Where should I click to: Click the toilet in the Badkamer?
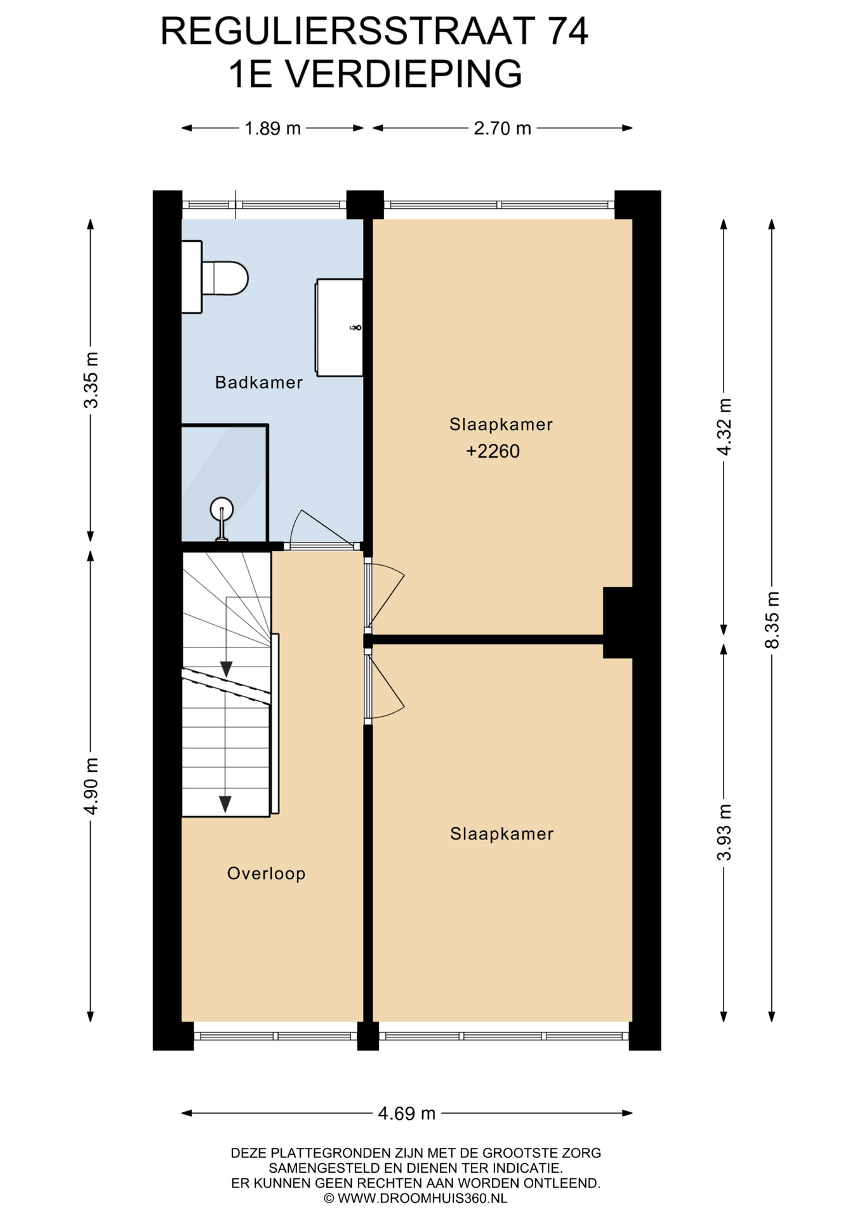click(x=215, y=277)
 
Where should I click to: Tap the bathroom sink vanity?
click(x=340, y=327)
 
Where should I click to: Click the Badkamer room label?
click(x=258, y=382)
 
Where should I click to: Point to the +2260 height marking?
click(x=493, y=451)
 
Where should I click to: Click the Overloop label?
click(x=266, y=874)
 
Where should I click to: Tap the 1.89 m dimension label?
click(x=273, y=128)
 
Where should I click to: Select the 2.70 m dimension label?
click(x=502, y=128)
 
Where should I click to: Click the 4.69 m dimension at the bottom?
click(x=407, y=1114)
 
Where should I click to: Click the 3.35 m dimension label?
click(x=91, y=380)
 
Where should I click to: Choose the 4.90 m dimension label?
click(x=91, y=786)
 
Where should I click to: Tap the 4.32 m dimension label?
click(x=724, y=427)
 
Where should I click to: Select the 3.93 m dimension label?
click(x=724, y=832)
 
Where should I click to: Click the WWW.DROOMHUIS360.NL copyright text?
click(x=416, y=1198)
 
